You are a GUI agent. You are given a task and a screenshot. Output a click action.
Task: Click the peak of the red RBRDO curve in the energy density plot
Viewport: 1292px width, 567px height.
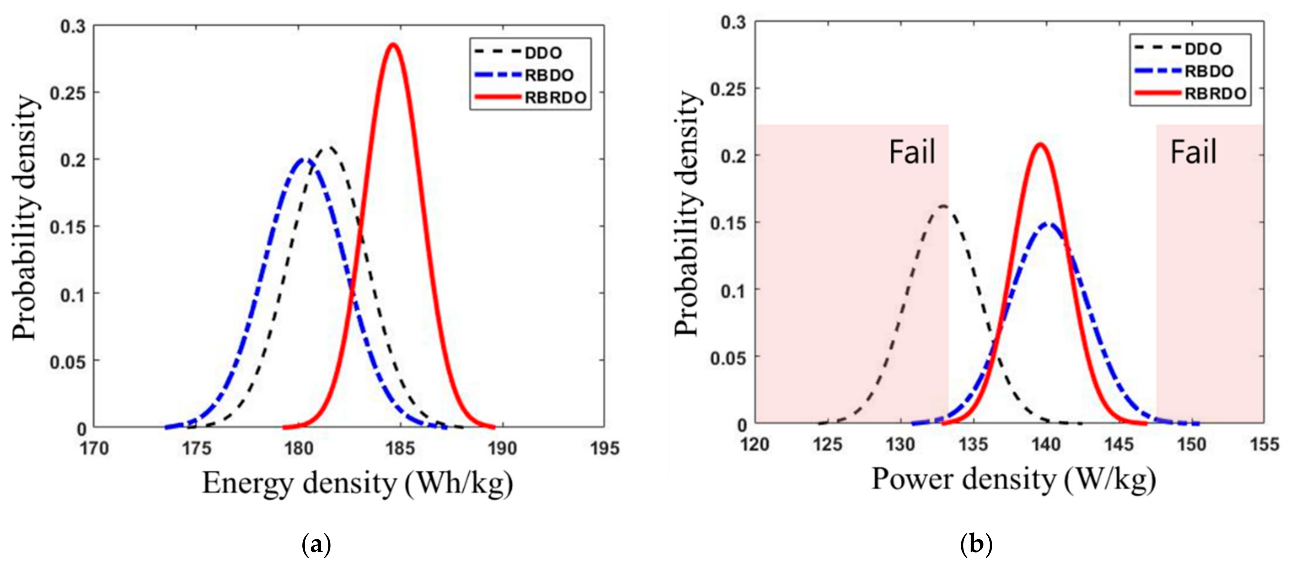click(x=393, y=45)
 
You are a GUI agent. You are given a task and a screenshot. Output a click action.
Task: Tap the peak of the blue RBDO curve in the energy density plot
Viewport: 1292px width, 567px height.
click(x=304, y=159)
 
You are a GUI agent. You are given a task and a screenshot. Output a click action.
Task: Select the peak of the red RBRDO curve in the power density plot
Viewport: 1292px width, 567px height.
click(x=1040, y=145)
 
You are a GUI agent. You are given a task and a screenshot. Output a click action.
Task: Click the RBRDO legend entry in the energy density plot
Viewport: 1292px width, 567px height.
click(x=555, y=98)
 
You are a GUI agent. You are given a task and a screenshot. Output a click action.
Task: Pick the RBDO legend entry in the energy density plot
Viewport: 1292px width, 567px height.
click(x=549, y=75)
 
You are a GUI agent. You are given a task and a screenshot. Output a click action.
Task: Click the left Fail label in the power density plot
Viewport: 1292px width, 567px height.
click(x=912, y=152)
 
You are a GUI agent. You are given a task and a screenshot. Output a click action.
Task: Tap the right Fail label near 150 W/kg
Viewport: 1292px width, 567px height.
click(x=1193, y=152)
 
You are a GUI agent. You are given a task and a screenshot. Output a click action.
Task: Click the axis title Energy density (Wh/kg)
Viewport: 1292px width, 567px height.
click(x=357, y=484)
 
